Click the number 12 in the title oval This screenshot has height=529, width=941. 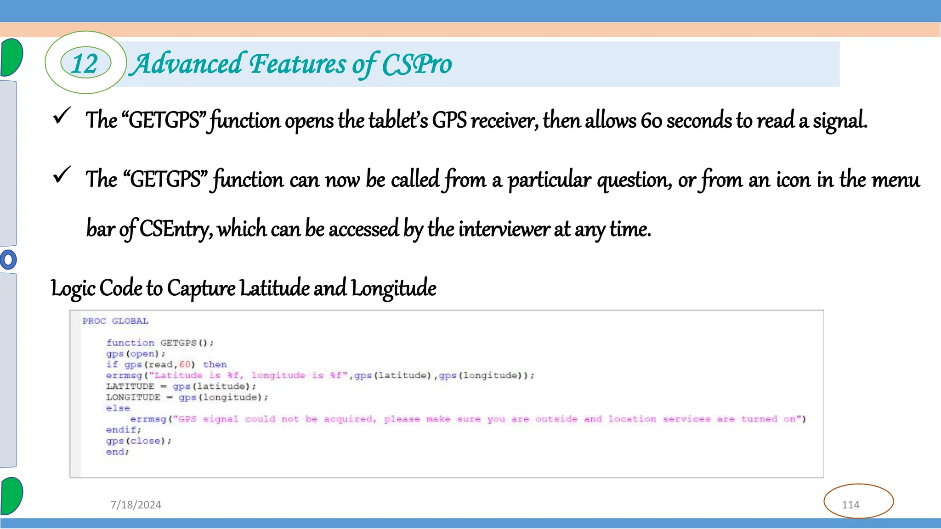coord(85,63)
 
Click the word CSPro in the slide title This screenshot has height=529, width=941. coord(417,64)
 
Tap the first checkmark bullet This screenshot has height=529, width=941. coord(62,116)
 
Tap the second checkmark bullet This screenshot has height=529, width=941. coord(62,175)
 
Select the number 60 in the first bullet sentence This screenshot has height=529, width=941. coord(652,120)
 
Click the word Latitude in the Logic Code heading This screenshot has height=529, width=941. coord(274,288)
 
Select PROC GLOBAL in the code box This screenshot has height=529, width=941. coord(115,321)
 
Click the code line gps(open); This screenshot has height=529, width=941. coord(136,354)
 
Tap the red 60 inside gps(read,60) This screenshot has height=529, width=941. coord(185,365)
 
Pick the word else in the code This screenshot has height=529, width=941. coord(118,408)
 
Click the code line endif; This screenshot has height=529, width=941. coord(124,430)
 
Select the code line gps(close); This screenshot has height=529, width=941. coord(138,441)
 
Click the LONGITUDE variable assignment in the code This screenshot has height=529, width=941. coord(187,397)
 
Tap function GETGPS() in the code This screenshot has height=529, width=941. coord(160,343)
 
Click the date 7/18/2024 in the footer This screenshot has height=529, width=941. coord(136,505)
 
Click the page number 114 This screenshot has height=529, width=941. coord(850,505)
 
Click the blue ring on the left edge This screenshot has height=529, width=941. coord(8,260)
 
